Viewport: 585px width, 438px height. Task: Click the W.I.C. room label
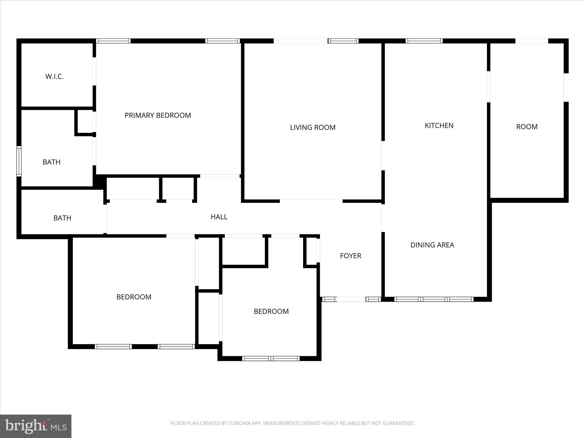pos(54,76)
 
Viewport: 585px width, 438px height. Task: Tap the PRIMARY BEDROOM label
pos(158,115)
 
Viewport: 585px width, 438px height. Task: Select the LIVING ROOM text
pos(313,127)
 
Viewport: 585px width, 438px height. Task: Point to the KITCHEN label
pos(439,125)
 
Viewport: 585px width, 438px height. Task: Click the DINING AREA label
pos(432,245)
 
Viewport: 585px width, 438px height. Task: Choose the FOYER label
pos(350,256)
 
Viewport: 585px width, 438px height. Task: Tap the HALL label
pos(219,217)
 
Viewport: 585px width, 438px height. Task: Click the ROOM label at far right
pos(527,127)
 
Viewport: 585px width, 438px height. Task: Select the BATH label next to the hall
pos(62,218)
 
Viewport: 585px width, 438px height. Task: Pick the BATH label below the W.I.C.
pos(51,162)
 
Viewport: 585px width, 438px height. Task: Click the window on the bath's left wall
pos(19,161)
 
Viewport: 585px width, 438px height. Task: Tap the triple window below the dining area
pos(434,299)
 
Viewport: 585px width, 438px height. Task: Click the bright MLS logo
pos(36,426)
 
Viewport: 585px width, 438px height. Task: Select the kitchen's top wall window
pos(424,41)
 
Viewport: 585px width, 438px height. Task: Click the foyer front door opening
pos(351,299)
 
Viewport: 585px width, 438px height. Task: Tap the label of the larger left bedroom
pos(134,297)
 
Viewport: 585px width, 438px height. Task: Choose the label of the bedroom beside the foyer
pos(271,311)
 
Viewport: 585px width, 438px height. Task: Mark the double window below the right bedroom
pos(271,358)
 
